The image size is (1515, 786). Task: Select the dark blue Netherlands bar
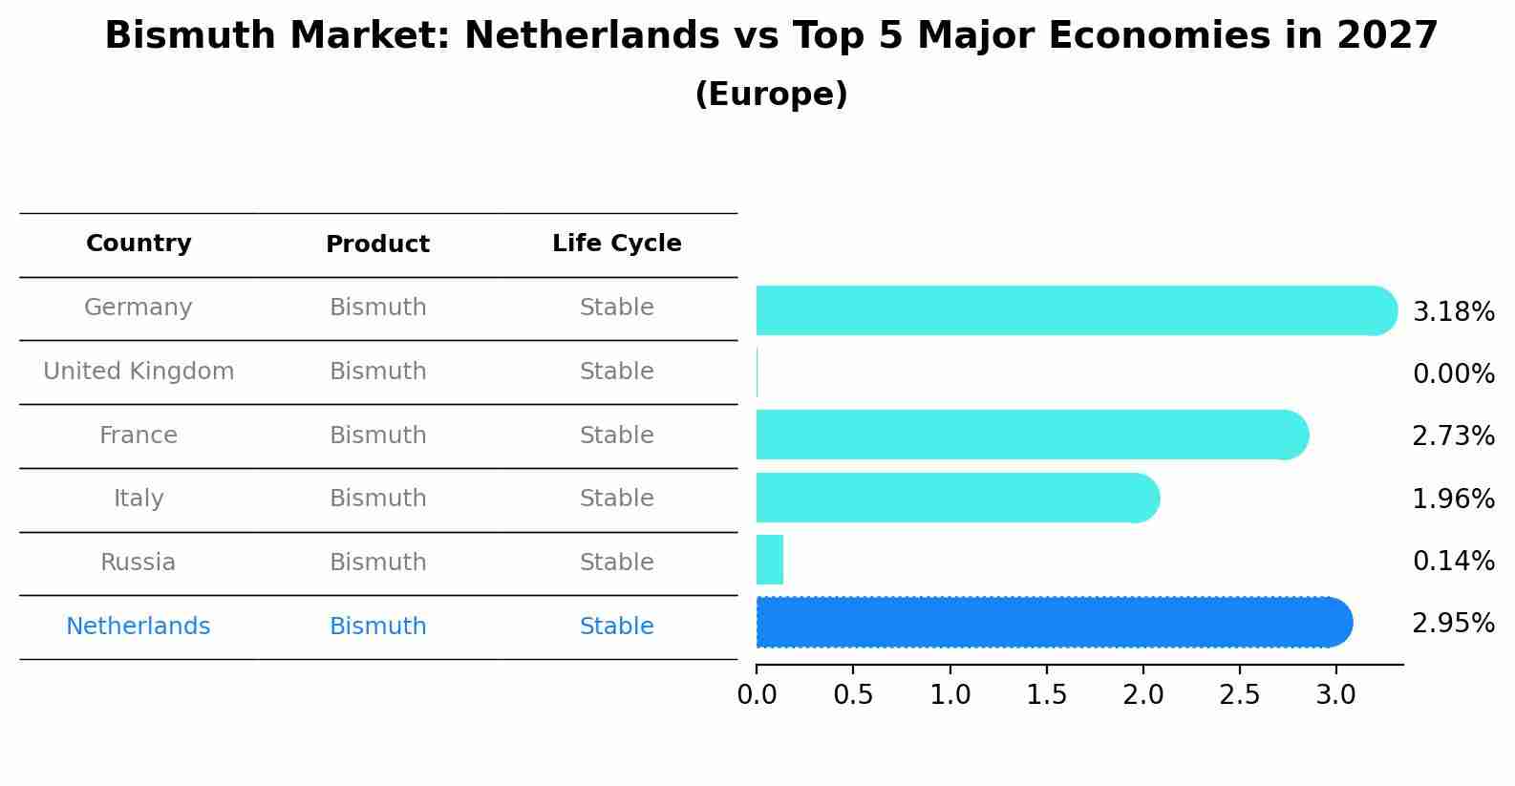tap(1051, 623)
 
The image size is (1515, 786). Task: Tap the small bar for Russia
tap(770, 561)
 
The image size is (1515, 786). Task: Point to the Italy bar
tap(955, 498)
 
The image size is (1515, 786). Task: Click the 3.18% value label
tap(1453, 312)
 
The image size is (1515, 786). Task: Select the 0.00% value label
tap(1453, 374)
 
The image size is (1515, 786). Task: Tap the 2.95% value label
tap(1453, 624)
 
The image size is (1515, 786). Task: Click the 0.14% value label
tap(1453, 562)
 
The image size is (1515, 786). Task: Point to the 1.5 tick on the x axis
tap(1046, 695)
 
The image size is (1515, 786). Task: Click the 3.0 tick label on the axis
tap(1335, 695)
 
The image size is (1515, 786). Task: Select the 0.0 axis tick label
tap(757, 695)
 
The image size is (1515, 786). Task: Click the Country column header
tap(139, 244)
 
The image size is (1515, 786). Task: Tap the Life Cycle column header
tap(616, 244)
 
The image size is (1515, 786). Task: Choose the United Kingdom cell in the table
tap(139, 372)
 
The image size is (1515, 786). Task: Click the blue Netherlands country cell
tap(139, 627)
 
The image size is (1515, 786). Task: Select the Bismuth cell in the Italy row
tap(377, 499)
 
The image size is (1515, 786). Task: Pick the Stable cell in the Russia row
tap(616, 563)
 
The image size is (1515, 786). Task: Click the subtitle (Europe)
tap(771, 95)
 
